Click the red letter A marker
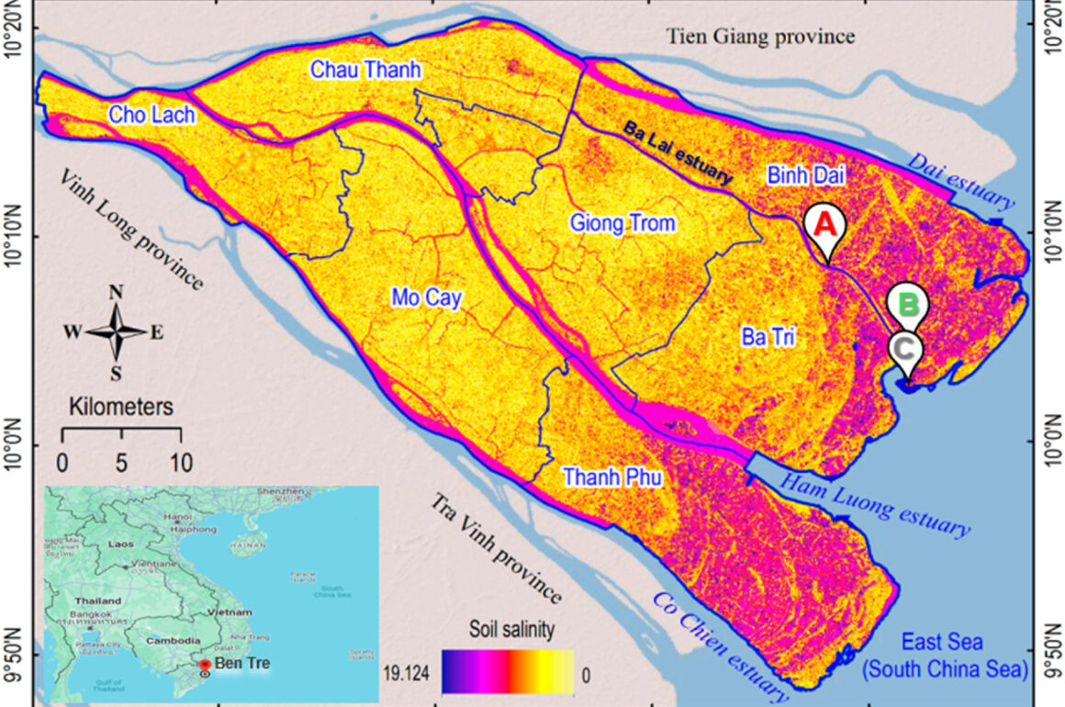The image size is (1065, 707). [x=824, y=223]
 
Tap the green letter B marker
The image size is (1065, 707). [x=908, y=302]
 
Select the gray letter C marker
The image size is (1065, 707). [x=905, y=349]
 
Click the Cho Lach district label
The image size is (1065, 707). [x=144, y=115]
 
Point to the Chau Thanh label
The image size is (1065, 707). [x=364, y=69]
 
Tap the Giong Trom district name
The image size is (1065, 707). [x=622, y=222]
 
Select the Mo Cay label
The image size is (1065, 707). [x=426, y=297]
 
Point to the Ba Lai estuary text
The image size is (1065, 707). [x=678, y=152]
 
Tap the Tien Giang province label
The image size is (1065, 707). [x=761, y=37]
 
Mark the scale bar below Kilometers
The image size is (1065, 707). [x=121, y=432]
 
